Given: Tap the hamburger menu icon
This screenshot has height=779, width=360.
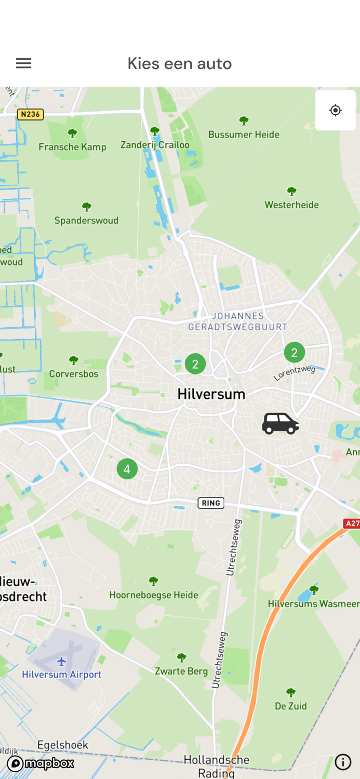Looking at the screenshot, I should [x=23, y=63].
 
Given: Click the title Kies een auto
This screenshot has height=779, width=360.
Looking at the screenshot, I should [x=180, y=63].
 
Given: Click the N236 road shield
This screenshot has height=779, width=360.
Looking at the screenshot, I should [x=30, y=114].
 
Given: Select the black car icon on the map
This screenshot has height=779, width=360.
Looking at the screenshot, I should [x=280, y=423].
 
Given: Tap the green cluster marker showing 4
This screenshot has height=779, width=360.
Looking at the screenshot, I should [x=127, y=469].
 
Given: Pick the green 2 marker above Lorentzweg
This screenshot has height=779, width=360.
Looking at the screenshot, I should [x=294, y=353].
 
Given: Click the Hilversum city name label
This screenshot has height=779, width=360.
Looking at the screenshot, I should [x=211, y=394].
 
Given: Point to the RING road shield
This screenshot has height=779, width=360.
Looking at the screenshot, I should [x=211, y=503].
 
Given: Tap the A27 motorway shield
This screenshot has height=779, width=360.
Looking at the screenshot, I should [x=352, y=523].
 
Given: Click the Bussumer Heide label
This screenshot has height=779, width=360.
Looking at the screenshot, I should [x=244, y=135].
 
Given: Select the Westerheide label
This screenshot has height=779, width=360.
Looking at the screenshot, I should [x=291, y=205].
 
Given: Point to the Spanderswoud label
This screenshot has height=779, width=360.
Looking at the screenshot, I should [x=86, y=220].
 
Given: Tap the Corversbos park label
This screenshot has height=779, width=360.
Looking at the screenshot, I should [x=74, y=373].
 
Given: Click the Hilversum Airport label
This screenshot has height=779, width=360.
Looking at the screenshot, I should [x=62, y=675].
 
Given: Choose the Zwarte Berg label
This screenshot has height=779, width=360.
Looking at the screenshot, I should [x=181, y=671].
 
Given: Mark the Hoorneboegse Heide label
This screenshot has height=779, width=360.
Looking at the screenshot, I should [x=154, y=595].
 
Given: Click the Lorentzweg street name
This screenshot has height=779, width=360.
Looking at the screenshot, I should [x=295, y=372].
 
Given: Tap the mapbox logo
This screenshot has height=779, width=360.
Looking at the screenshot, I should [x=41, y=763].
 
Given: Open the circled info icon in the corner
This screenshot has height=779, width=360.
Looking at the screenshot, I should [x=343, y=762].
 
